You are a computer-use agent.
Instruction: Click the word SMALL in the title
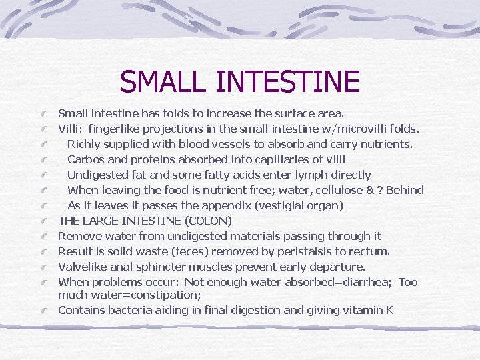point(164,81)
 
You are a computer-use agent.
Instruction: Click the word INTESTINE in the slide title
point(288,81)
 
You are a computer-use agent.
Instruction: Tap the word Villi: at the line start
point(70,129)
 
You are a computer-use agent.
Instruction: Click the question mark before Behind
point(379,190)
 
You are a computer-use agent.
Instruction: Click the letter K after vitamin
point(389,309)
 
